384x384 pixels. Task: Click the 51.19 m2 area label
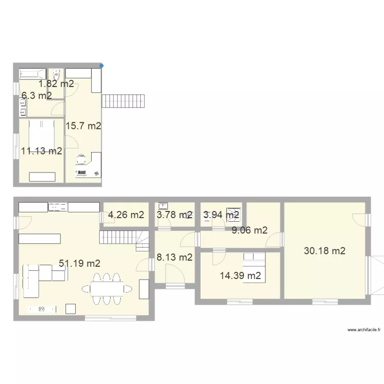[79, 264]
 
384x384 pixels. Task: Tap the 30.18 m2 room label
[325, 251]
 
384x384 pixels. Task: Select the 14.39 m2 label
[241, 276]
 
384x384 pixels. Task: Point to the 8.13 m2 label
[175, 258]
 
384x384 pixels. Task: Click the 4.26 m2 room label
[126, 215]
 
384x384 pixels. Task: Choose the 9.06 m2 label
[249, 230]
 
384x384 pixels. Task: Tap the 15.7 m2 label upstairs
[83, 126]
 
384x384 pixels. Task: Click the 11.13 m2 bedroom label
[42, 151]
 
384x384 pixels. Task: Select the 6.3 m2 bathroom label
[36, 96]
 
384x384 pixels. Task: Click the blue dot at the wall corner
[101, 66]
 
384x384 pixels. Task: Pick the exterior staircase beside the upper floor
[123, 101]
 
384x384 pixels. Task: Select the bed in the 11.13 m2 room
[41, 134]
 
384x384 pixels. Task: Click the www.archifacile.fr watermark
[364, 330]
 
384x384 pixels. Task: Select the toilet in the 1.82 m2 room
[56, 73]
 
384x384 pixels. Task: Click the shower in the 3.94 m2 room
[234, 212]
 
